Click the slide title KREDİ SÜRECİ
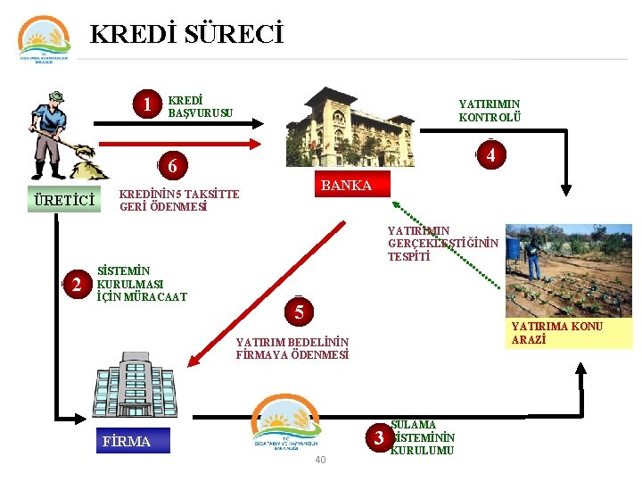pos(186,35)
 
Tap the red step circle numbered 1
pos(147,105)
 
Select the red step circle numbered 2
pos(78,285)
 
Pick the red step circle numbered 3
pos(380,437)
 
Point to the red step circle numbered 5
pos(300,312)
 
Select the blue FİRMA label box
pos(127,441)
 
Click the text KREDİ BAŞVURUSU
pos(200,106)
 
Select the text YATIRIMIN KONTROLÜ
pos(490,111)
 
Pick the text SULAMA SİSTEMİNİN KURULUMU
pos(423,437)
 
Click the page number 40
pos(320,461)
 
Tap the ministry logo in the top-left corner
pos(44,40)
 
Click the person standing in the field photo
pos(532,257)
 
